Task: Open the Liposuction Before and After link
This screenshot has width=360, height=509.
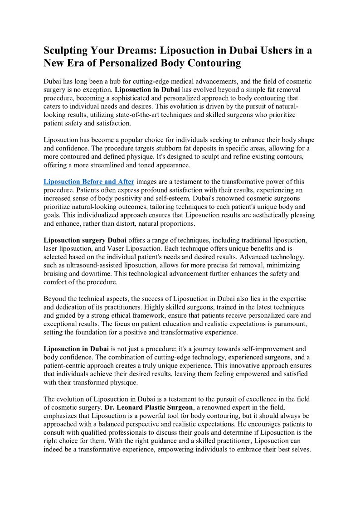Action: point(89,182)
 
